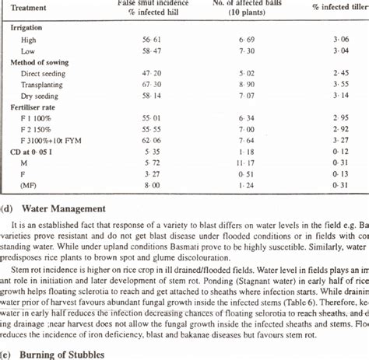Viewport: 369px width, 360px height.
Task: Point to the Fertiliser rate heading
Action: (35, 102)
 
